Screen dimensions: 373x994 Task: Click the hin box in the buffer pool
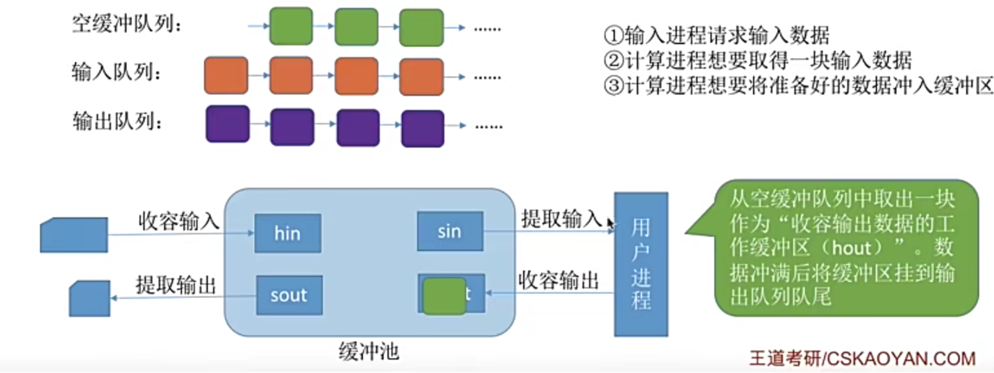click(x=287, y=233)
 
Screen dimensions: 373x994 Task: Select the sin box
click(x=449, y=231)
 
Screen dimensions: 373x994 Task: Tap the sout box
click(x=289, y=295)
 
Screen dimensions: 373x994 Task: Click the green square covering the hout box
click(x=444, y=296)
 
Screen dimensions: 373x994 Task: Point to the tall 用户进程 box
click(x=641, y=264)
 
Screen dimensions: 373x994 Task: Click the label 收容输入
click(x=178, y=221)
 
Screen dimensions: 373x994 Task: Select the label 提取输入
click(x=561, y=218)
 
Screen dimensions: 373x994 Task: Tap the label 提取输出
click(x=175, y=284)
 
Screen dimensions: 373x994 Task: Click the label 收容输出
click(x=558, y=280)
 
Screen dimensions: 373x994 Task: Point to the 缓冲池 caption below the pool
click(x=368, y=351)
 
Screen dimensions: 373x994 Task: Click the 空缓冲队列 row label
click(x=126, y=24)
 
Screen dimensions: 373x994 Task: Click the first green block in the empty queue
click(x=291, y=26)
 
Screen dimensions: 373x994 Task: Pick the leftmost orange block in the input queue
click(x=226, y=75)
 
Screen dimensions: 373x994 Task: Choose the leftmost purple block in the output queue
click(x=228, y=124)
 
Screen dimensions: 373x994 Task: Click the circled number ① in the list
click(x=614, y=36)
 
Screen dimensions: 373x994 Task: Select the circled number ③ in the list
click(x=614, y=86)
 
